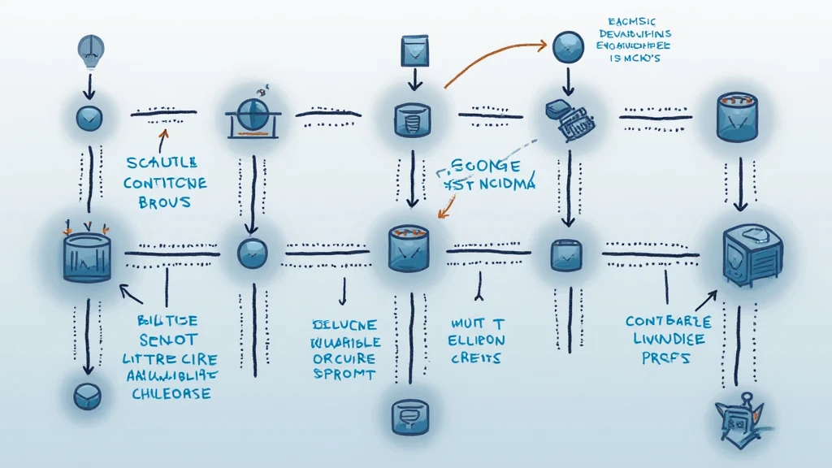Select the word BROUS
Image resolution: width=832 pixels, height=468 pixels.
pyautogui.click(x=165, y=202)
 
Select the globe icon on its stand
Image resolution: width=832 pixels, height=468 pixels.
pyautogui.click(x=253, y=112)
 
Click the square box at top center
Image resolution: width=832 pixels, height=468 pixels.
pyautogui.click(x=413, y=49)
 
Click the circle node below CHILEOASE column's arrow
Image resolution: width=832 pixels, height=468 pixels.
pyautogui.click(x=86, y=396)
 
